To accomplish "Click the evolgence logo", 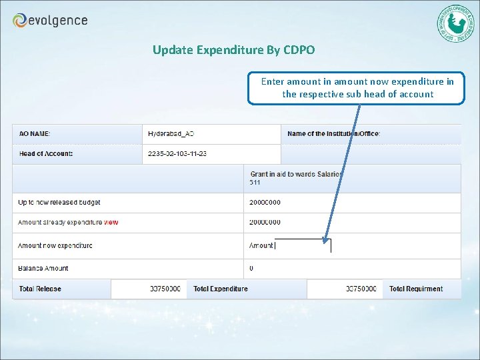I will pyautogui.click(x=50, y=21).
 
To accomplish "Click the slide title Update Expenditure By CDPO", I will pyautogui.click(x=233, y=50).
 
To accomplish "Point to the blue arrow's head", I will pyautogui.click(x=326, y=239).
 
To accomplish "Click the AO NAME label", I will pyautogui.click(x=35, y=134).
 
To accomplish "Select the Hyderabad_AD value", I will pyautogui.click(x=171, y=134).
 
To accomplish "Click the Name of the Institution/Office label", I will pyautogui.click(x=333, y=134).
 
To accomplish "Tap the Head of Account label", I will pyautogui.click(x=46, y=154).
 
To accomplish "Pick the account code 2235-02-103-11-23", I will pyautogui.click(x=177, y=154).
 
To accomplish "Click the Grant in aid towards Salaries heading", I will pyautogui.click(x=296, y=174).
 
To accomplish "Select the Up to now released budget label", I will pyautogui.click(x=59, y=203).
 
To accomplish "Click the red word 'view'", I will pyautogui.click(x=111, y=223).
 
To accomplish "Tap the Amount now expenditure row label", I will pyautogui.click(x=55, y=245).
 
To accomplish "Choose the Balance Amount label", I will pyautogui.click(x=43, y=269).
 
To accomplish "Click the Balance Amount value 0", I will pyautogui.click(x=251, y=269).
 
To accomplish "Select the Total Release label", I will pyautogui.click(x=40, y=289).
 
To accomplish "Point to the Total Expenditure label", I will pyautogui.click(x=220, y=289).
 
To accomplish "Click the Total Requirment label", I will pyautogui.click(x=416, y=289).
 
